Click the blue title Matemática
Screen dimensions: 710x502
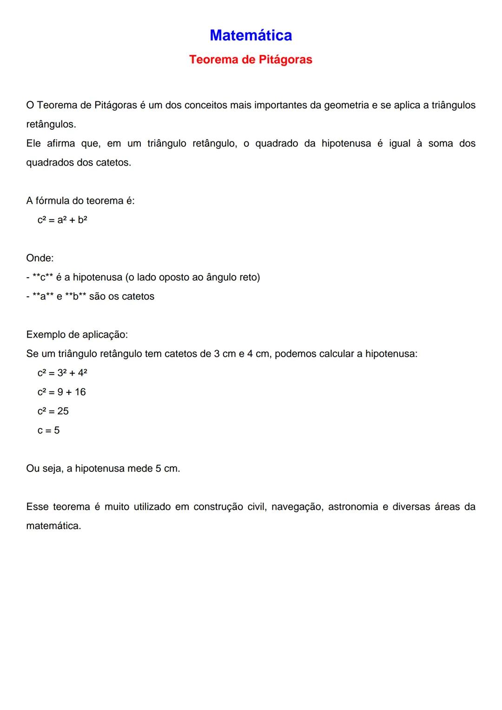pyautogui.click(x=251, y=35)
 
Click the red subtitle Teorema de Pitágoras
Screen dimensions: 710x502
pyautogui.click(x=251, y=60)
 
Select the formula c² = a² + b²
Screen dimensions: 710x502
pyautogui.click(x=62, y=220)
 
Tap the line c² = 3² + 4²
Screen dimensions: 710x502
pyautogui.click(x=62, y=373)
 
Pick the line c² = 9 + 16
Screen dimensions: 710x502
pyautogui.click(x=61, y=392)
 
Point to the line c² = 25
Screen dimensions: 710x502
pyautogui.click(x=53, y=411)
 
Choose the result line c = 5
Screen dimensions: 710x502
pyautogui.click(x=48, y=430)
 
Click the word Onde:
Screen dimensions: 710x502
pyautogui.click(x=40, y=258)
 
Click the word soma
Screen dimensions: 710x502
pyautogui.click(x=440, y=143)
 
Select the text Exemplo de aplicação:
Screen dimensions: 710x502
pyautogui.click(x=77, y=335)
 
